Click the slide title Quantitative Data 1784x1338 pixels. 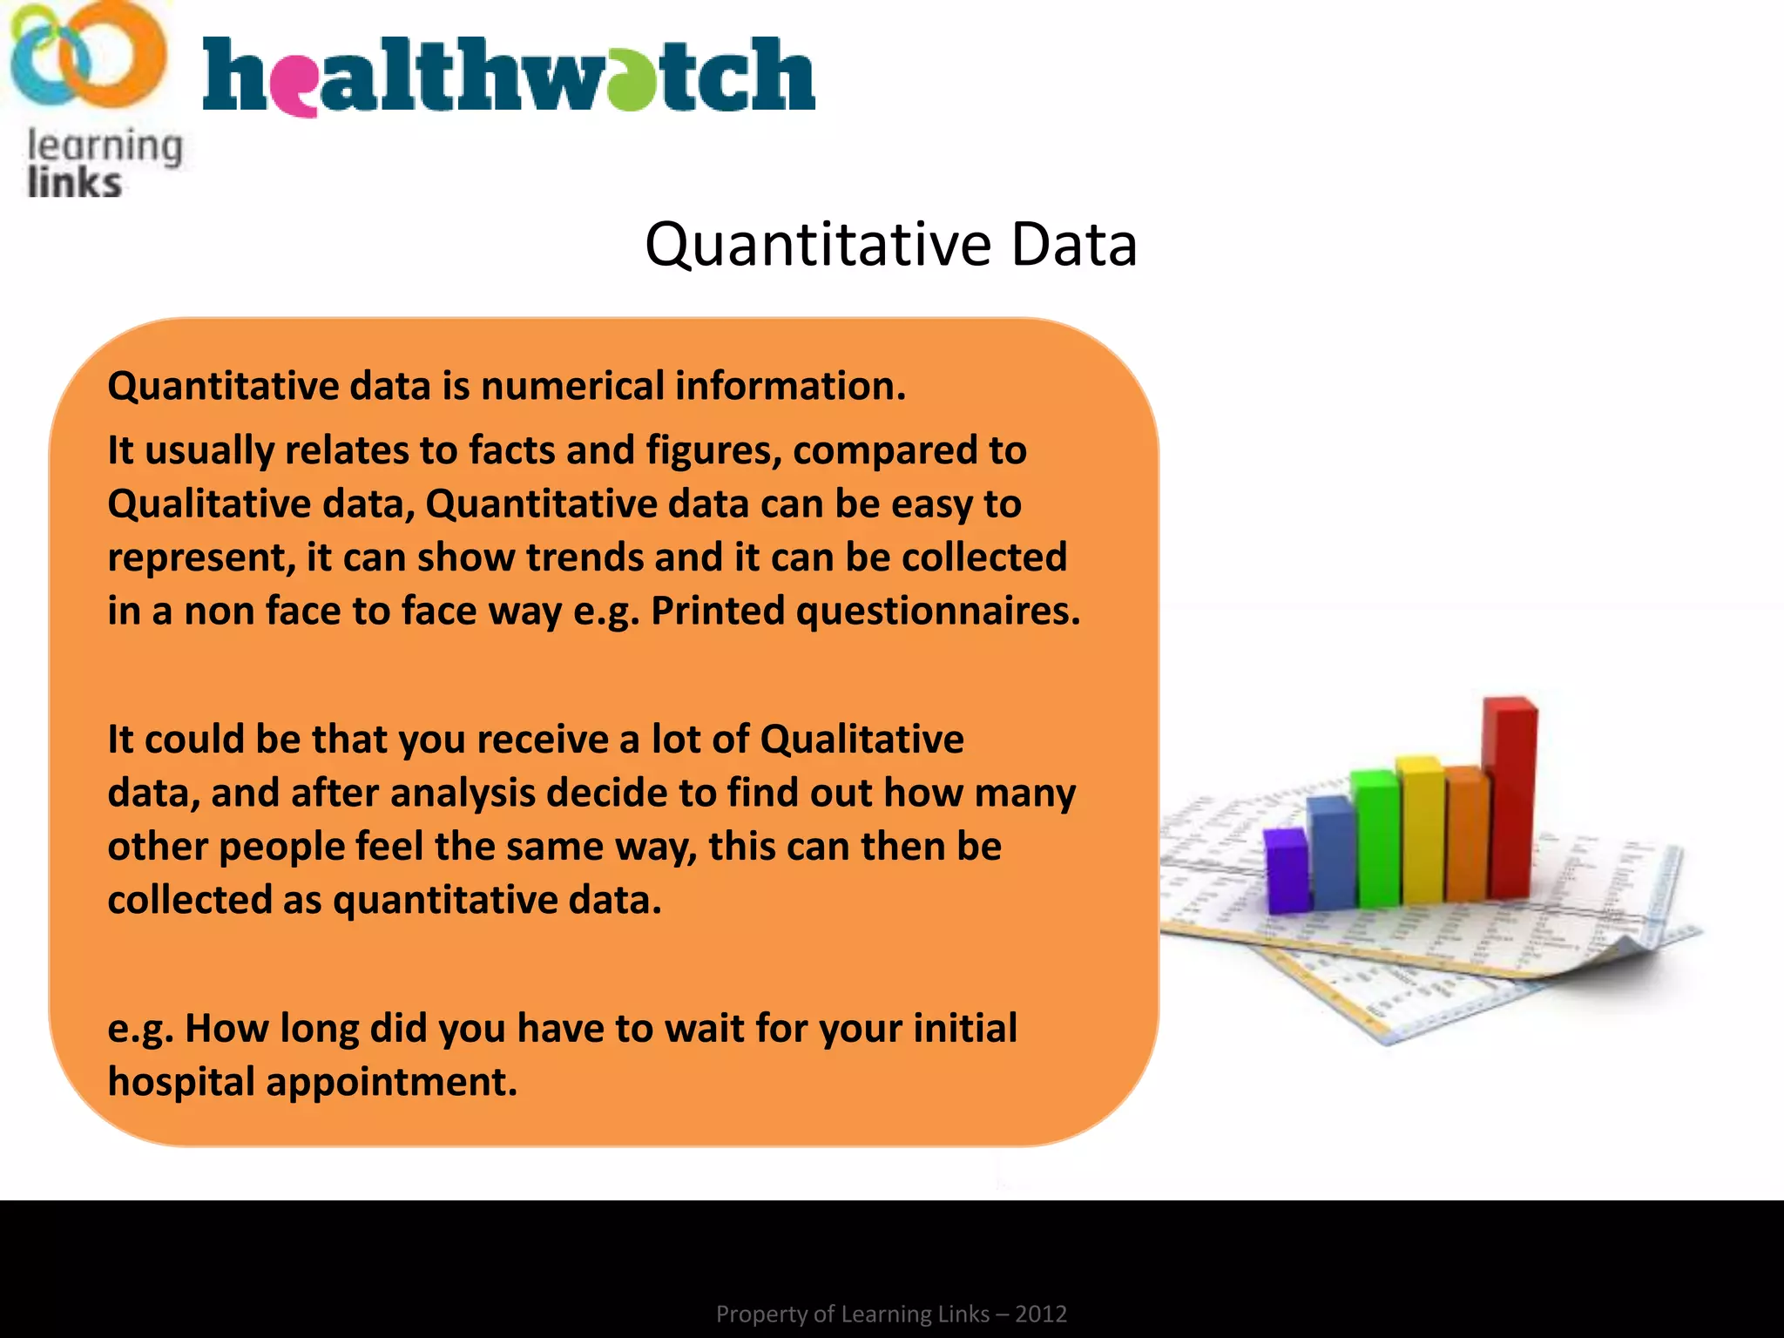[x=890, y=245]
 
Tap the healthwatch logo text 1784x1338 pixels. [x=508, y=77]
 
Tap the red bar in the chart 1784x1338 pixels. [x=1511, y=797]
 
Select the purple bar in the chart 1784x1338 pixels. [x=1286, y=871]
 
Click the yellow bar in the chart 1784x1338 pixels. [x=1421, y=832]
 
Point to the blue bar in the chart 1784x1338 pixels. [x=1331, y=854]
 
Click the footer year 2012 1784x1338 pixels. [x=1040, y=1314]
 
